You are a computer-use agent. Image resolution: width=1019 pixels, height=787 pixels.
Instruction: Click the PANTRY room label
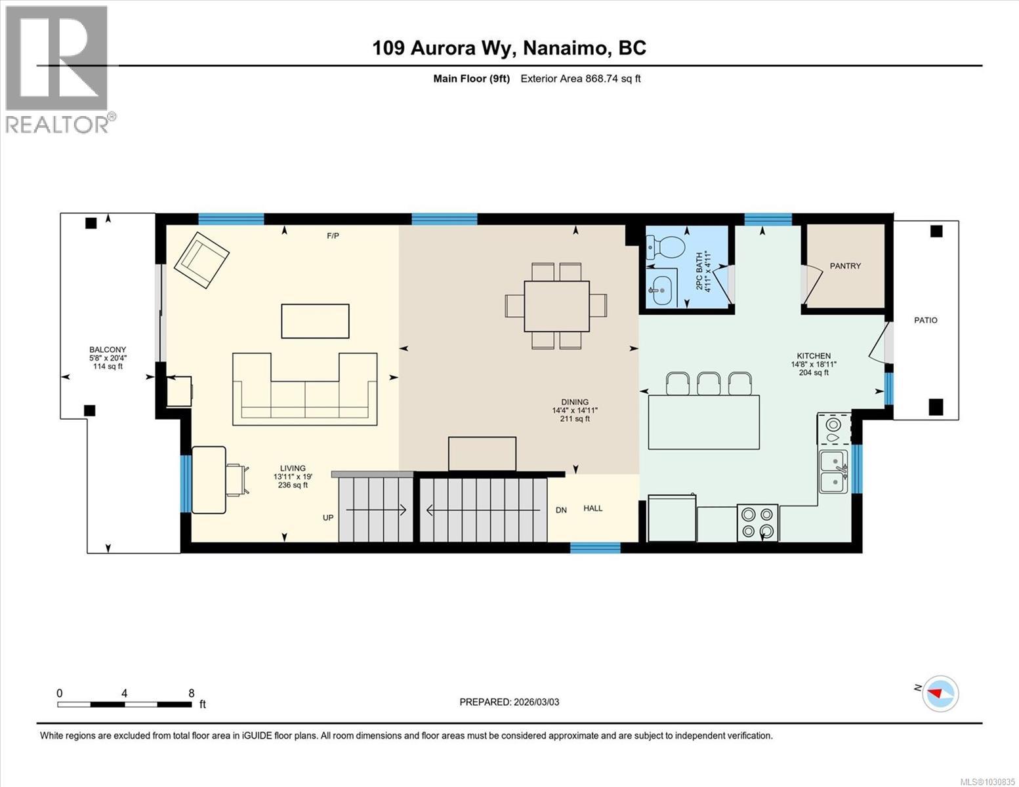pyautogui.click(x=845, y=266)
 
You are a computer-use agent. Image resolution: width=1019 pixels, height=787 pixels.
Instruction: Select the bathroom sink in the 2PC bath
pyautogui.click(x=661, y=288)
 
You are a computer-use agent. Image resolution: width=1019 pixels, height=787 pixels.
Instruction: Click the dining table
pyautogui.click(x=556, y=306)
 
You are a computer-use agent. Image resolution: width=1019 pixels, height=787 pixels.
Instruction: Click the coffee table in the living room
pyautogui.click(x=315, y=321)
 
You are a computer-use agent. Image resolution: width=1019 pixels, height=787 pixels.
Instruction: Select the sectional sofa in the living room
pyautogui.click(x=304, y=393)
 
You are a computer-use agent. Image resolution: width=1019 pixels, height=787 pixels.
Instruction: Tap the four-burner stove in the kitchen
pyautogui.click(x=757, y=522)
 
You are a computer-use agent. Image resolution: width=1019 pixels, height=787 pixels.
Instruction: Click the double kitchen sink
pyautogui.click(x=833, y=472)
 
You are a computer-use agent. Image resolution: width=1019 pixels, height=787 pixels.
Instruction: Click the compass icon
pyautogui.click(x=940, y=693)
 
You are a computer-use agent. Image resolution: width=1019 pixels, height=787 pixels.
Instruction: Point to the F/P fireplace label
pyautogui.click(x=333, y=235)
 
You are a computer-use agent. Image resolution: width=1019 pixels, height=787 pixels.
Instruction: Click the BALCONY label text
pyautogui.click(x=108, y=350)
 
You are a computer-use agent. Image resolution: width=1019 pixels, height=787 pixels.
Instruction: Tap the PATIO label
pyautogui.click(x=926, y=320)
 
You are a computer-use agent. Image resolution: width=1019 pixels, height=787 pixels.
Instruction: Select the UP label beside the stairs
pyautogui.click(x=328, y=517)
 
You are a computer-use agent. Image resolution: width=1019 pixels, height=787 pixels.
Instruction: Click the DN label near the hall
pyautogui.click(x=561, y=510)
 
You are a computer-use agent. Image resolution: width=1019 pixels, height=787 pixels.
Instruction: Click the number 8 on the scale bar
pyautogui.click(x=191, y=693)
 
